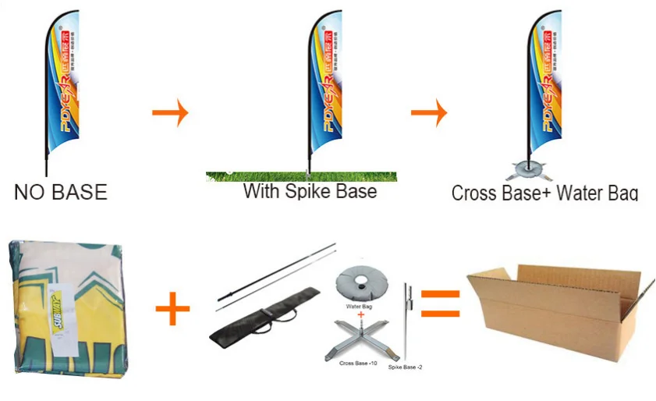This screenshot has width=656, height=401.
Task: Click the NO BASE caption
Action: (60, 191)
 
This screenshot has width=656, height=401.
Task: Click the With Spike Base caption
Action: (310, 190)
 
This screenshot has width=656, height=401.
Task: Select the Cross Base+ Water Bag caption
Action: (544, 193)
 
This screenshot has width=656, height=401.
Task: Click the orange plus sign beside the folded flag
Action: (172, 311)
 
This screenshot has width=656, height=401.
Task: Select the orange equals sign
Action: (440, 303)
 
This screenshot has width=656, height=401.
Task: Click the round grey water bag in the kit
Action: (363, 283)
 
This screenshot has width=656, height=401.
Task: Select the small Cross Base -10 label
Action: (359, 364)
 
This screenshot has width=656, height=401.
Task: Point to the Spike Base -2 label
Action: (405, 366)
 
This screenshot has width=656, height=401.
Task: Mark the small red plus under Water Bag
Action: (361, 316)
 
